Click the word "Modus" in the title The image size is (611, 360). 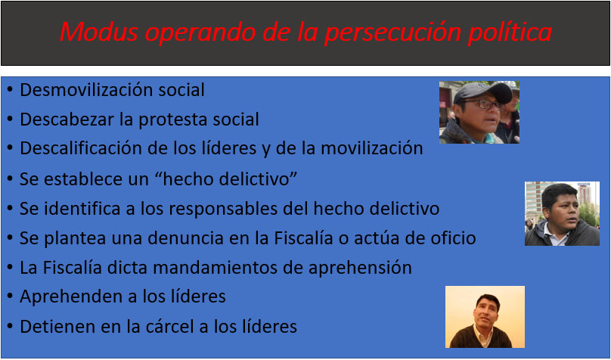click(x=98, y=32)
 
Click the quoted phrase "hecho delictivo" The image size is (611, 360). click(x=224, y=178)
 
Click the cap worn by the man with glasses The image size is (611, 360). click(x=482, y=92)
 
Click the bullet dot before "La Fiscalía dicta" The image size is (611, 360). click(x=9, y=268)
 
